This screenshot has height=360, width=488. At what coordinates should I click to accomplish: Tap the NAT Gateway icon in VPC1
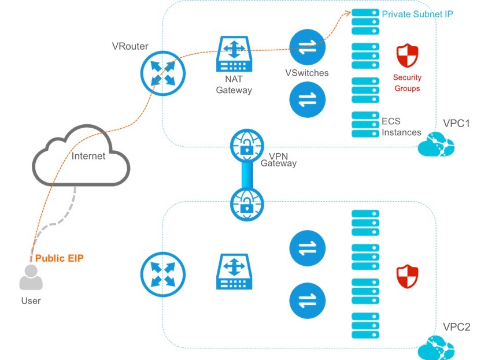pyautogui.click(x=234, y=54)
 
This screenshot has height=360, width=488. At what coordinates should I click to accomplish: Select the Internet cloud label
pyautogui.click(x=88, y=155)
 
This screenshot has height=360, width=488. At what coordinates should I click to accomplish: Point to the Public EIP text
pyautogui.click(x=60, y=258)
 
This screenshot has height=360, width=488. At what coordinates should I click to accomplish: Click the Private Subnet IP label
pyautogui.click(x=417, y=13)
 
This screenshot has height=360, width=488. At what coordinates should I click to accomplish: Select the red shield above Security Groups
pyautogui.click(x=407, y=56)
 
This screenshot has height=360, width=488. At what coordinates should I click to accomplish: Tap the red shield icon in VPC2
pyautogui.click(x=407, y=276)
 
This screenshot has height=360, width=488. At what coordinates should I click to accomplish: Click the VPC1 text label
pyautogui.click(x=457, y=124)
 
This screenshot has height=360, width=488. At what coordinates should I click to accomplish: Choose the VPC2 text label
pyautogui.click(x=457, y=328)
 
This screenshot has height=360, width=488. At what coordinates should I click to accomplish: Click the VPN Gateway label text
pyautogui.click(x=278, y=160)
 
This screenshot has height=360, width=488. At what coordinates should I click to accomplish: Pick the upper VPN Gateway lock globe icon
pyautogui.click(x=247, y=146)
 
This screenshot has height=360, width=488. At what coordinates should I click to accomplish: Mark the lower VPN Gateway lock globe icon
pyautogui.click(x=247, y=203)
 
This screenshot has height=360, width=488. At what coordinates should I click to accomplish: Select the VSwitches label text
pyautogui.click(x=307, y=73)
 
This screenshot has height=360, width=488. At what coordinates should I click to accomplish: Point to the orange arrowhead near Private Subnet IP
pyautogui.click(x=347, y=13)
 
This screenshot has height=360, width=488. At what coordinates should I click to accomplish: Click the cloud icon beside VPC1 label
pyautogui.click(x=436, y=145)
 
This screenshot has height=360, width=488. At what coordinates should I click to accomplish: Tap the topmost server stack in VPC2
pyautogui.click(x=365, y=222)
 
